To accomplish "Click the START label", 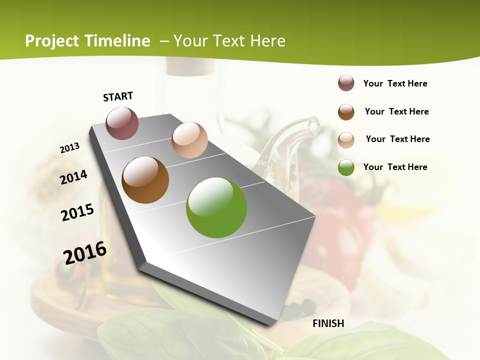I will point(118,96).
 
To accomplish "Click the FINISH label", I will point(328,323).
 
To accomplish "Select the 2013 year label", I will point(70,148).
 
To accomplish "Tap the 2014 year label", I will point(74,177).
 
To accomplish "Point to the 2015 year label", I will point(77,212).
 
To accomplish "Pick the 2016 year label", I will point(85,253).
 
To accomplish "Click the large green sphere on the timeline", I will point(216,207).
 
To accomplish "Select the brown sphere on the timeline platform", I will point(145,180).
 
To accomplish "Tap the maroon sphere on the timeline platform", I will point(122,123).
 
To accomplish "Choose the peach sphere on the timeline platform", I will point(189,140).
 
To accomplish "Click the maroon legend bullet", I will point(346,83).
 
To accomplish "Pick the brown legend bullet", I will point(346,112).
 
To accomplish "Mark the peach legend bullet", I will point(346,140).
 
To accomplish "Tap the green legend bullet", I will point(346,167).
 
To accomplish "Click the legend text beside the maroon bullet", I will point(395,83).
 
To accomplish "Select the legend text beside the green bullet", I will point(395,167).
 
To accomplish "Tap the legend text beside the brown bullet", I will point(396,111).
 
